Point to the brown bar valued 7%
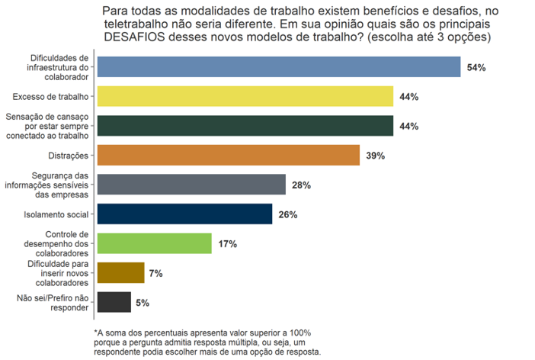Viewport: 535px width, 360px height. pos(120,273)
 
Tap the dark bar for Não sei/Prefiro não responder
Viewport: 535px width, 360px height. pos(114,302)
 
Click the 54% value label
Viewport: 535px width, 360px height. pos(476,68)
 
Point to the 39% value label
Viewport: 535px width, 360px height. pos(375,156)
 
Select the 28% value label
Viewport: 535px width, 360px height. pos(301,185)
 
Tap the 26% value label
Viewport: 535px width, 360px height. pos(287,214)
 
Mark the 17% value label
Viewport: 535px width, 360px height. pos(227,244)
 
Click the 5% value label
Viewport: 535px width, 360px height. pos(142,303)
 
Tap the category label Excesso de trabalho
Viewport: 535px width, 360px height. pos(52,97)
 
